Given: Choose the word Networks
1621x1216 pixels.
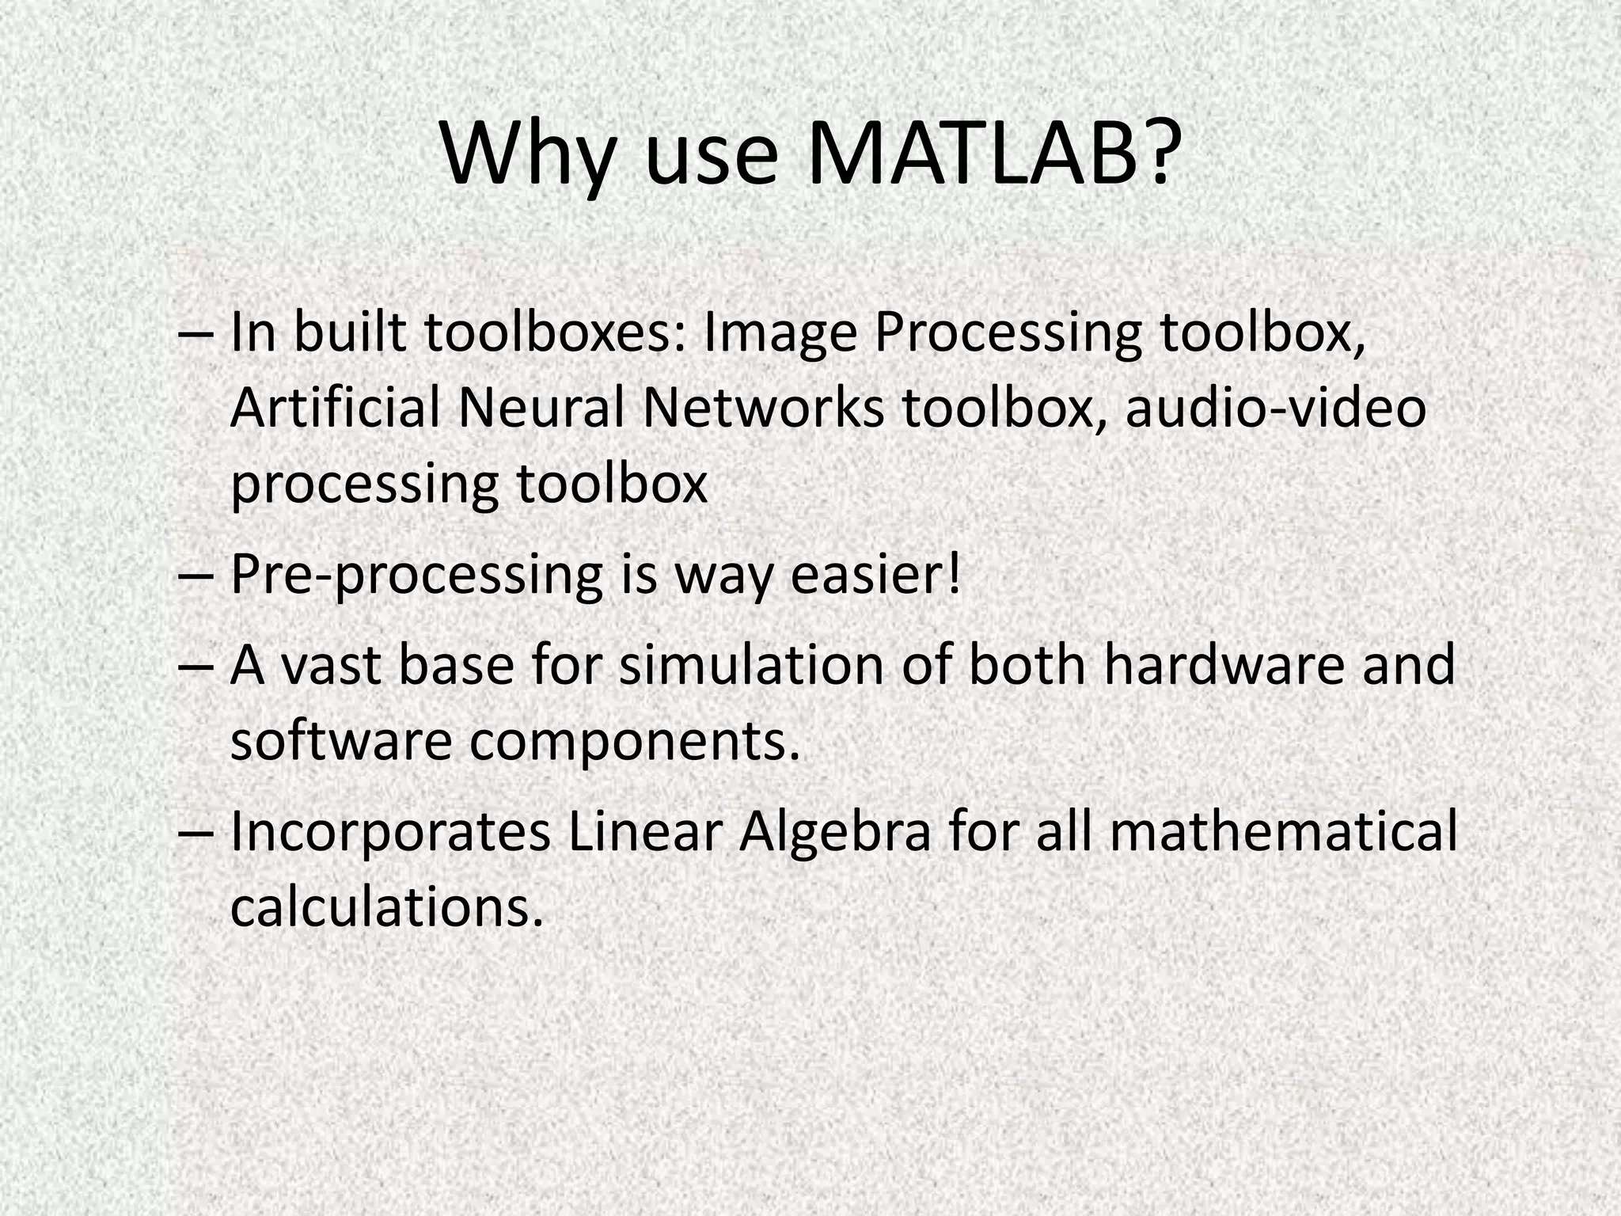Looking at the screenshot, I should click(763, 408).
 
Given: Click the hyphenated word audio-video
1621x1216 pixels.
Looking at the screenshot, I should click(1275, 408).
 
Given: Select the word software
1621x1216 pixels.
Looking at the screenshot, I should click(340, 740).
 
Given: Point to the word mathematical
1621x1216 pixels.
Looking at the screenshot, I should click(1283, 831).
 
